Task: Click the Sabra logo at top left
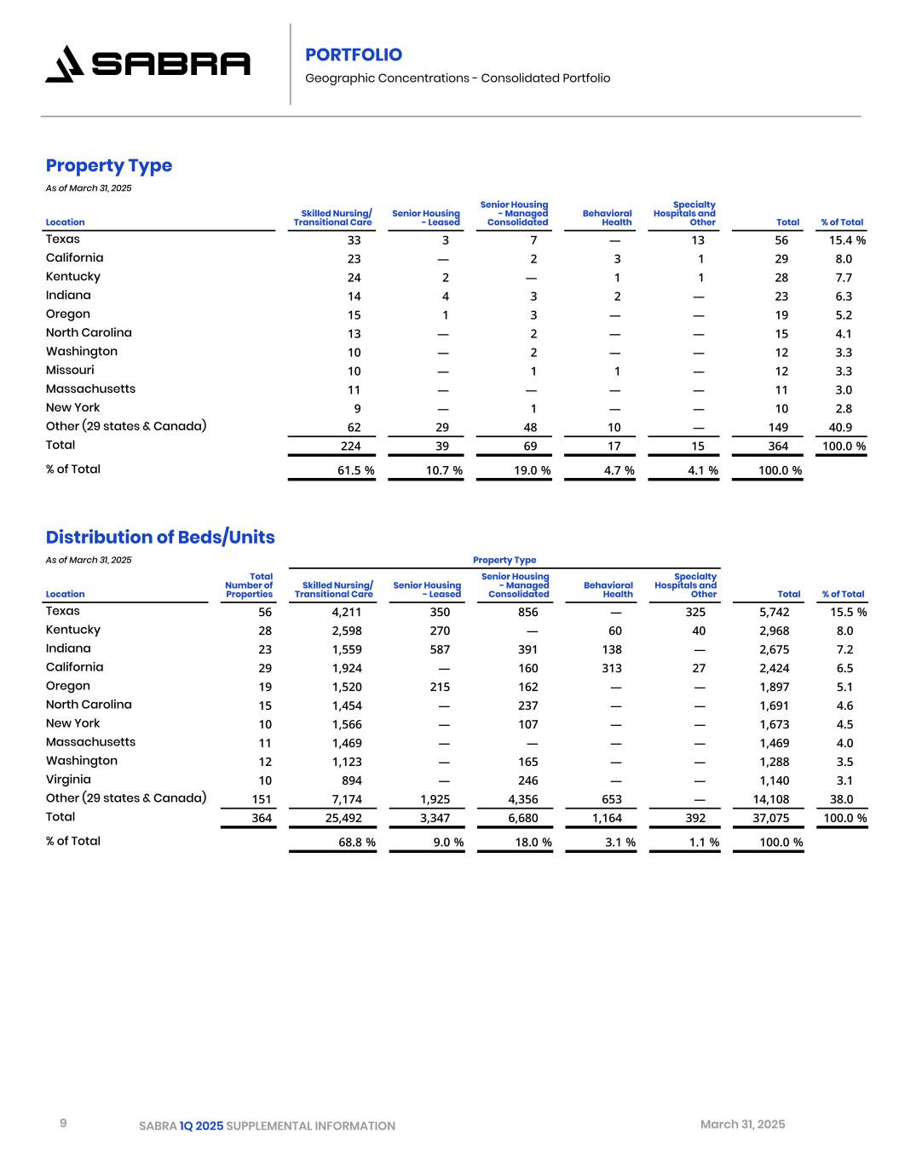[x=147, y=64]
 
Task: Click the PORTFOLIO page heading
[x=354, y=55]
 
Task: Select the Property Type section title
[x=109, y=165]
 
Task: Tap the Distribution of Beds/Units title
[x=160, y=537]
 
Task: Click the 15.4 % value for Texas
[x=847, y=240]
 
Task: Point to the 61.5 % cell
[x=355, y=470]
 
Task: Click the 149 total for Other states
[x=778, y=428]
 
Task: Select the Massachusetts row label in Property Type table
[x=90, y=389]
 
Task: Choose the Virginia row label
[x=68, y=779]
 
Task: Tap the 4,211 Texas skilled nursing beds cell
[x=347, y=612]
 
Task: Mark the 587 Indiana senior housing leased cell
[x=440, y=649]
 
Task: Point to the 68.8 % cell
[x=356, y=843]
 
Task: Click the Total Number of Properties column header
[x=250, y=585]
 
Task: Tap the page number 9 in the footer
[x=63, y=1124]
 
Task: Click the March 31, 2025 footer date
[x=742, y=1125]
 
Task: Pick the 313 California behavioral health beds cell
[x=611, y=668]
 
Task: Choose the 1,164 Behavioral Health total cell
[x=607, y=818]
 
